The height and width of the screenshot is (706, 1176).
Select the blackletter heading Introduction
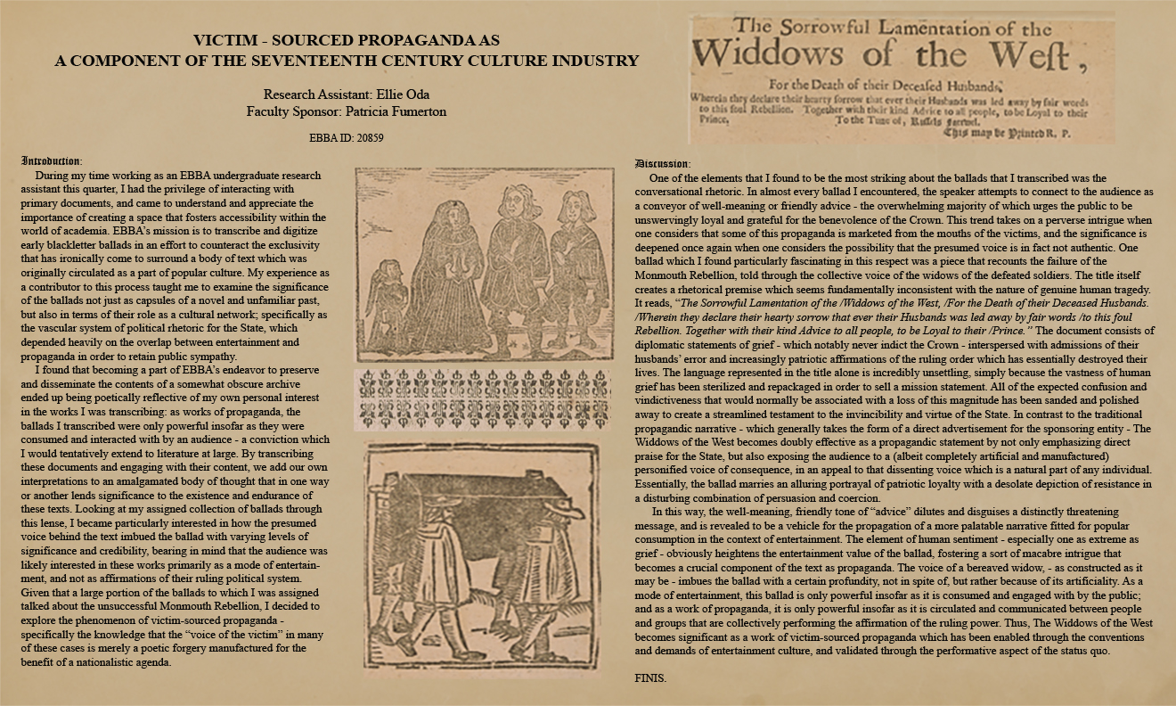[52, 161]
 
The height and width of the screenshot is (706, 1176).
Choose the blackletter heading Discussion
[662, 164]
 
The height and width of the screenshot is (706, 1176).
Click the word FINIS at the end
[649, 678]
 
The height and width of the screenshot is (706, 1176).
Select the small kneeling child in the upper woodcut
[389, 294]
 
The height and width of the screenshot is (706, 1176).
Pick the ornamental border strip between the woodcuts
[483, 400]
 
